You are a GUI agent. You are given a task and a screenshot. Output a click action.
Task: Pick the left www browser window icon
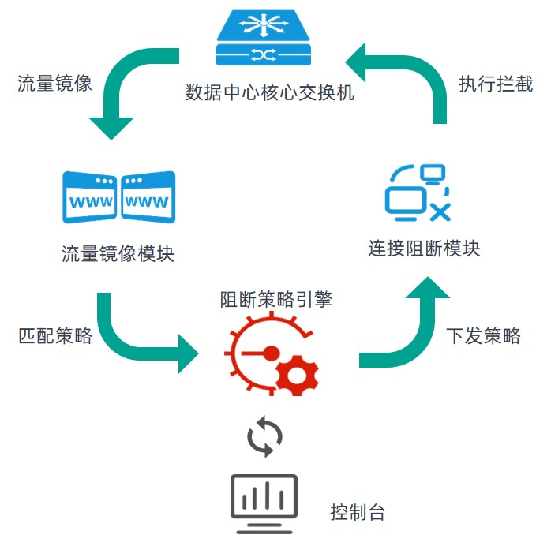click(90, 197)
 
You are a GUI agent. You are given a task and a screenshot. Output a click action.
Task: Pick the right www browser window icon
click(148, 197)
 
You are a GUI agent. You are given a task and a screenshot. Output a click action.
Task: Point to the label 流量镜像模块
click(118, 254)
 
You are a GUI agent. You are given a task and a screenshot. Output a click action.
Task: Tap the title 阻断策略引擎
click(276, 300)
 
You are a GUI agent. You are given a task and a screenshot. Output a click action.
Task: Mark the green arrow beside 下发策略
click(403, 331)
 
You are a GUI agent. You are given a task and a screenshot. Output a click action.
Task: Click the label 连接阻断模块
click(424, 249)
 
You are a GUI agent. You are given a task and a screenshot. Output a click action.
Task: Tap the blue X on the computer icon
click(440, 211)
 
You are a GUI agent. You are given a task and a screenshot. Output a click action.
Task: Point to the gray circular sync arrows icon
click(264, 436)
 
